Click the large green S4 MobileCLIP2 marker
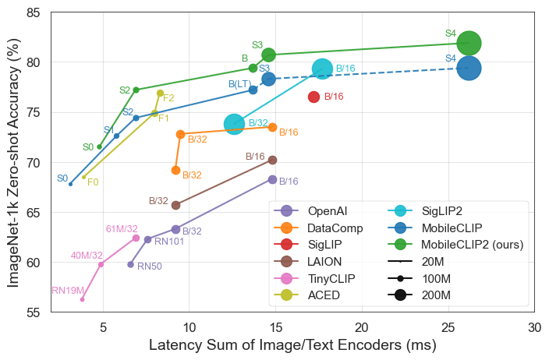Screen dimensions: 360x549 [x=469, y=43]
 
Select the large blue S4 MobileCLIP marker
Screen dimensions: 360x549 [x=469, y=68]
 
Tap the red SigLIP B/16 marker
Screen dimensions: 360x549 [x=313, y=97]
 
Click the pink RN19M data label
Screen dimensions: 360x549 [x=67, y=291]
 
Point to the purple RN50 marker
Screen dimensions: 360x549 [x=130, y=264]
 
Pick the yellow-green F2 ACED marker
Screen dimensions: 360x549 [x=160, y=93]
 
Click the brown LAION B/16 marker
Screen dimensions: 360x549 [x=272, y=160]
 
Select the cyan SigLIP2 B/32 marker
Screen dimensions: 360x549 [x=234, y=124]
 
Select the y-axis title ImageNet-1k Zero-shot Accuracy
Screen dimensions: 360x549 [x=13, y=162]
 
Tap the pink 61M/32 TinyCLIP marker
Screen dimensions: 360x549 [x=136, y=238]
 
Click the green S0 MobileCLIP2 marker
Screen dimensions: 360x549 [x=99, y=146]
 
